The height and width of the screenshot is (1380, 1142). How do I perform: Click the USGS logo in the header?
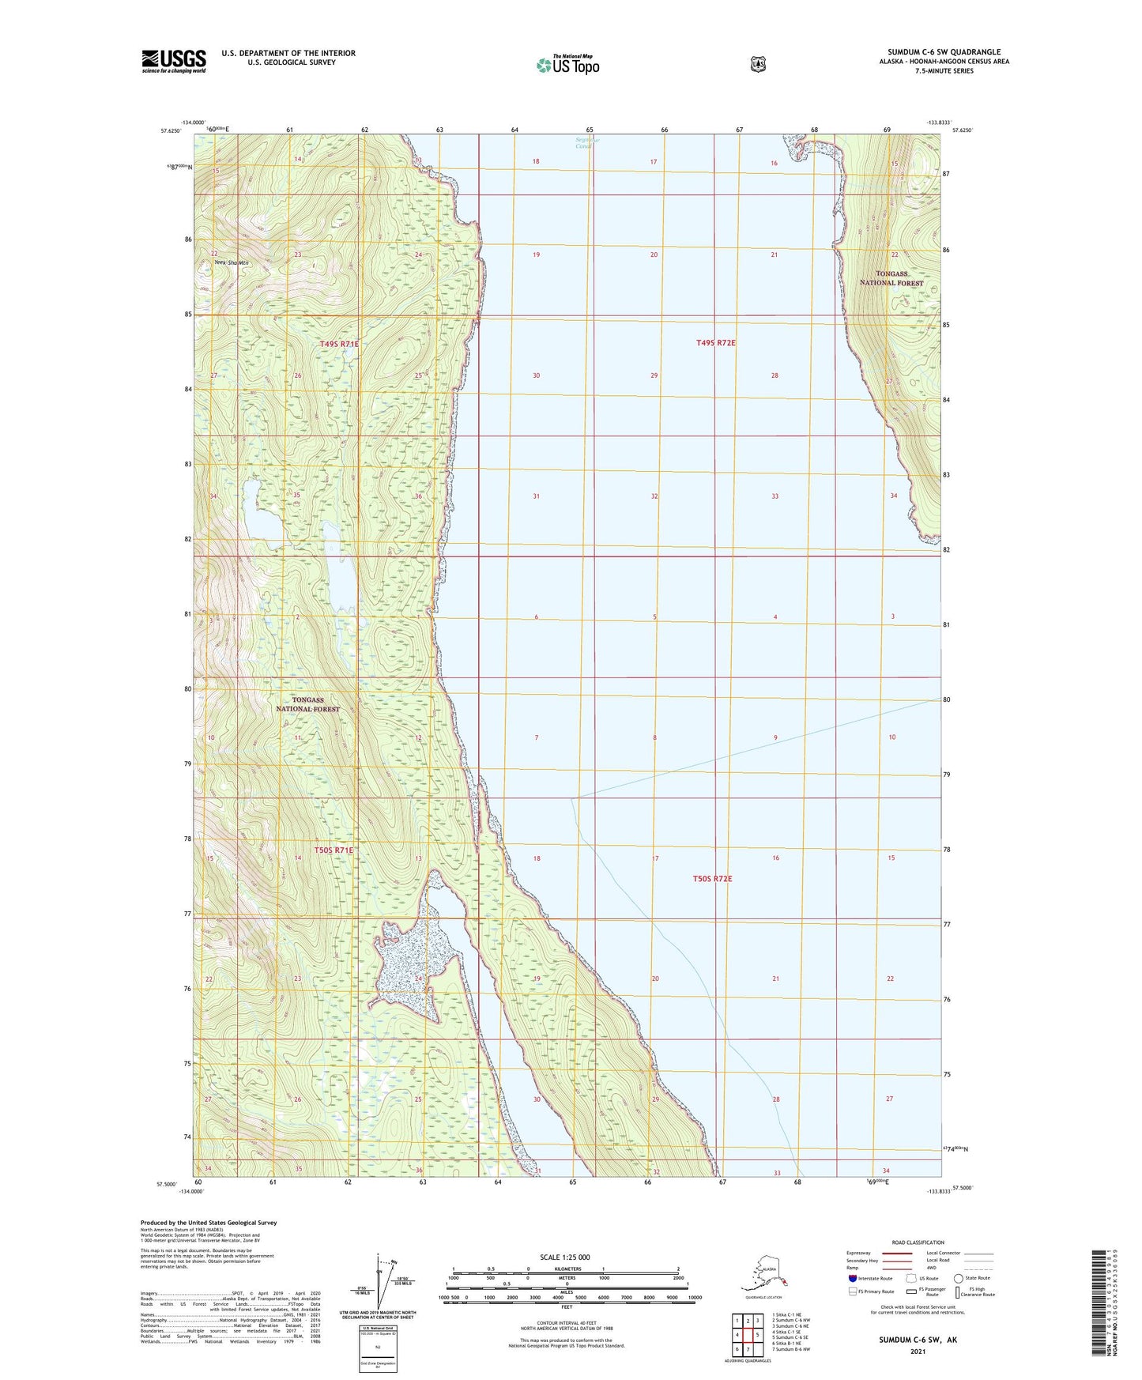coord(174,60)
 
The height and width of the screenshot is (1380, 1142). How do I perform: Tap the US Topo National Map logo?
coord(567,64)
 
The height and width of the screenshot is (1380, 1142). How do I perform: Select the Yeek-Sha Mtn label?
coord(226,263)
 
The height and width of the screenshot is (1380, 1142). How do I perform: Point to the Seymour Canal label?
coord(586,143)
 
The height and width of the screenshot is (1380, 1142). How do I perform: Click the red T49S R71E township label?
coord(340,344)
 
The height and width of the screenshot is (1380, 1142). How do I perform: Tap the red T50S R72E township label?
coord(712,879)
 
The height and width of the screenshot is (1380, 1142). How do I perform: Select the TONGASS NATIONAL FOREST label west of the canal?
coord(307,704)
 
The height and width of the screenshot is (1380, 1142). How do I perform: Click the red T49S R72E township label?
coord(715,343)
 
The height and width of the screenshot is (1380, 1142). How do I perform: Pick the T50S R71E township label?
coord(334,850)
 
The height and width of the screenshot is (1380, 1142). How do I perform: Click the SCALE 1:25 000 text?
coord(565,1257)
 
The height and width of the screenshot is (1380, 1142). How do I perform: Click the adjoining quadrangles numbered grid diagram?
coord(747,1335)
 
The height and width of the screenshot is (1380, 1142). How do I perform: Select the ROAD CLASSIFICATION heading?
coord(917,1242)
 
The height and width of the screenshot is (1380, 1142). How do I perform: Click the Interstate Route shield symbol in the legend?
coord(852,1278)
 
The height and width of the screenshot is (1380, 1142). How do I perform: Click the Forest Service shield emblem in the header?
coord(758,64)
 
